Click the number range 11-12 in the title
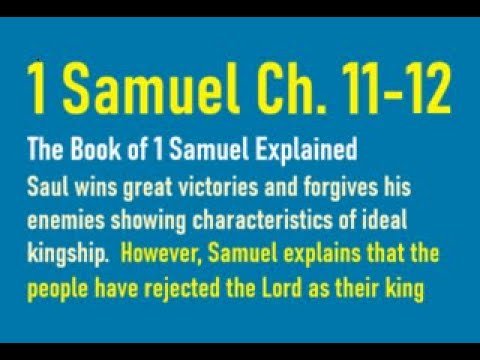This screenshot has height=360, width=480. point(394,92)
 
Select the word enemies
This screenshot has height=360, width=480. point(64,220)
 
